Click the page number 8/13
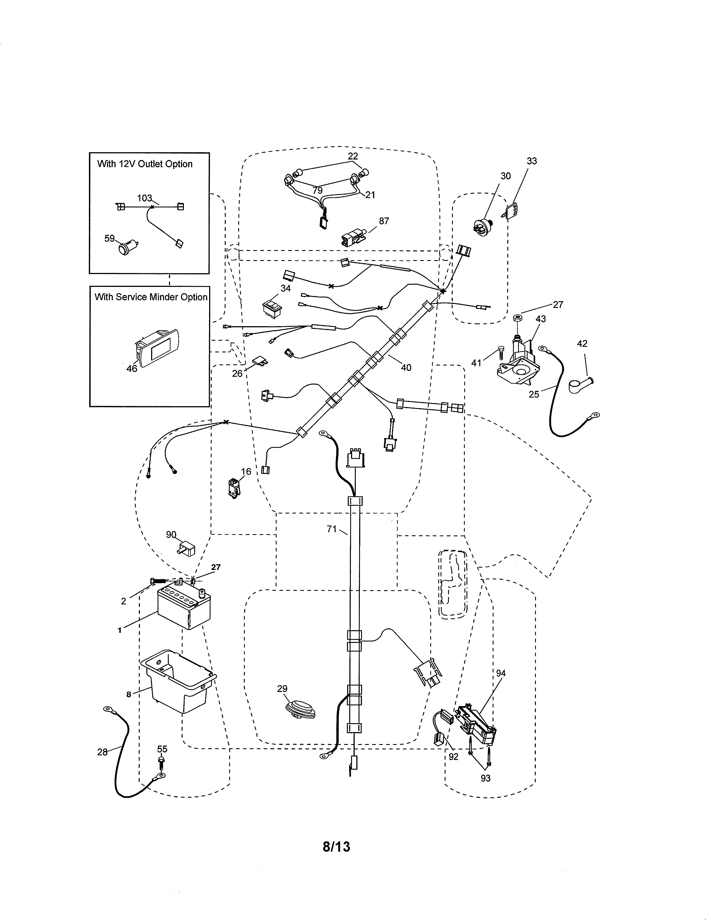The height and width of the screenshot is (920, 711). point(336,846)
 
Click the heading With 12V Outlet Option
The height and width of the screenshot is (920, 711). point(145,164)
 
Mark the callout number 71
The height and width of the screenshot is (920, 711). point(332,529)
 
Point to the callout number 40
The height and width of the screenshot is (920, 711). point(406,367)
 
